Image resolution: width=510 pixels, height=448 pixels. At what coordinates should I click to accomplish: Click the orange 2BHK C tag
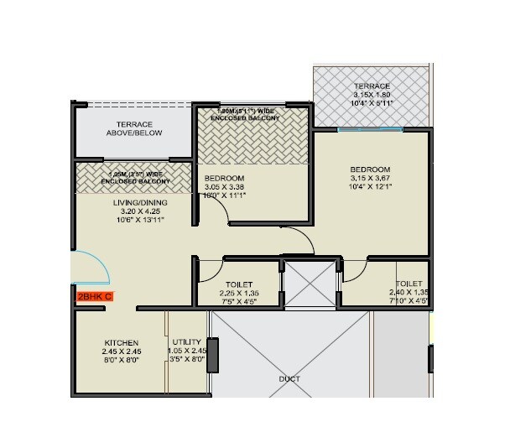94,296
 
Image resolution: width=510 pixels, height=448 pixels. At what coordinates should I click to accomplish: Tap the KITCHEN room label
120,343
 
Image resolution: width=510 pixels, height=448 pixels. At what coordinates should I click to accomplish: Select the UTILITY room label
185,343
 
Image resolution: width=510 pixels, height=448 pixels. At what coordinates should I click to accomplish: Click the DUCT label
289,378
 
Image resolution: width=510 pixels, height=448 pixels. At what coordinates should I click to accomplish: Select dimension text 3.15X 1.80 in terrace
371,96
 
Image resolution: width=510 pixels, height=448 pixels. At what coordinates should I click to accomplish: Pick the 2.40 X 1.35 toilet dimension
409,294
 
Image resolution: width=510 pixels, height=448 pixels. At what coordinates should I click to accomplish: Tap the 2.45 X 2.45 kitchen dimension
120,352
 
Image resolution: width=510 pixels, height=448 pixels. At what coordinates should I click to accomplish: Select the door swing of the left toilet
206,270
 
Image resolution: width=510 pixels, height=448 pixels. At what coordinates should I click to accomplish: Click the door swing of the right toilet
354,270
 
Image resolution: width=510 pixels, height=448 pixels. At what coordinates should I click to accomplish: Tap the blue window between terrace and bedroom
369,129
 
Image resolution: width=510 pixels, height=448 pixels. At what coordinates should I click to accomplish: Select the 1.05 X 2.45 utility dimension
185,352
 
